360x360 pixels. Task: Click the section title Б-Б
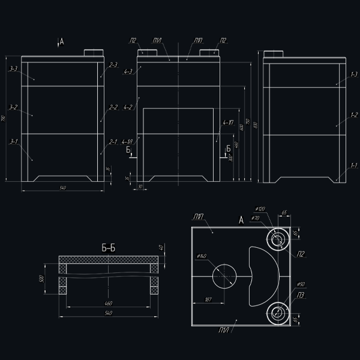109,247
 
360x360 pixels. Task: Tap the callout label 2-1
113,142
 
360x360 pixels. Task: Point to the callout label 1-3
353,74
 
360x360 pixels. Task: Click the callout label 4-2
127,107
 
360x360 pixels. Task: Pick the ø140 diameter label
202,256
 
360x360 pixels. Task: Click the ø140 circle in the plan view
224,277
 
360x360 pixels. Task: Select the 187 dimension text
208,298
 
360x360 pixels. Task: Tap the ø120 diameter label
260,209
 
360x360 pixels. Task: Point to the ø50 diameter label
301,284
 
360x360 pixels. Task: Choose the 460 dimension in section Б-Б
109,303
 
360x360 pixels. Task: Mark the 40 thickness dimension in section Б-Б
161,248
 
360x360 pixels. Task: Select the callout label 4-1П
228,122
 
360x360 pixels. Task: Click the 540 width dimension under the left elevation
62,188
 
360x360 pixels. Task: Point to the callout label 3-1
14,142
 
